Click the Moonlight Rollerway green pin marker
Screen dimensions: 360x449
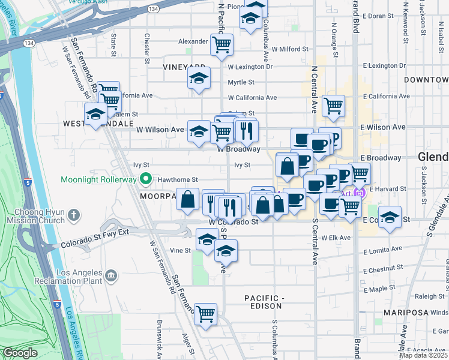tap(145, 179)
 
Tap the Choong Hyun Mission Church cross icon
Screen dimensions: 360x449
tap(73, 214)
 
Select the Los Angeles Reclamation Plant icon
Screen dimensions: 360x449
tap(110, 275)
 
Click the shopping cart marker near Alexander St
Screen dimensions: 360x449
tap(221, 43)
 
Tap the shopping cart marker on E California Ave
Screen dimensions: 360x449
tap(333, 106)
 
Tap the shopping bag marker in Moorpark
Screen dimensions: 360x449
tap(188, 198)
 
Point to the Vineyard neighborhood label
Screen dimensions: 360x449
tap(184, 68)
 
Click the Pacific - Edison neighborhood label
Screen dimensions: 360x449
tap(263, 302)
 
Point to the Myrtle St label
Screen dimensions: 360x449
tap(241, 82)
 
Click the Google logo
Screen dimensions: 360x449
tap(20, 353)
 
